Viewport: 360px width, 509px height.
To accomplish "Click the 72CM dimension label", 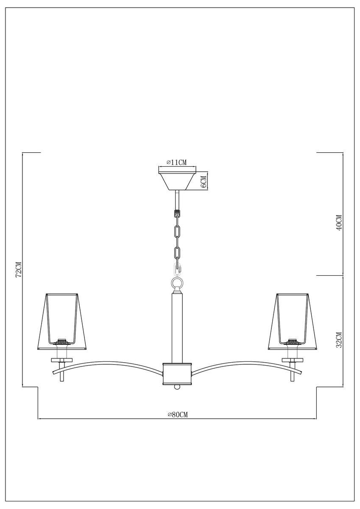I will click(18, 269).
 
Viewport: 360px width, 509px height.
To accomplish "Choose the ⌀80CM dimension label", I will click(177, 414).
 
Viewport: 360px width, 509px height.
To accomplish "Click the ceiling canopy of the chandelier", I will click(177, 181).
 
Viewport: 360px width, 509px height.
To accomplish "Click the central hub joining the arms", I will click(177, 372).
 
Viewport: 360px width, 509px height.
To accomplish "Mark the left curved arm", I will click(110, 364).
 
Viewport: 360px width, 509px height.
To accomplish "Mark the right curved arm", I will click(244, 364).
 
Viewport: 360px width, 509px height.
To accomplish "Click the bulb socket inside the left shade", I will click(63, 341).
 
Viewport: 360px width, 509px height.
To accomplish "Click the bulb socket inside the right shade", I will click(293, 341).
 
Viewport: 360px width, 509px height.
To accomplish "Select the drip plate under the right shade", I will click(293, 360).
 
